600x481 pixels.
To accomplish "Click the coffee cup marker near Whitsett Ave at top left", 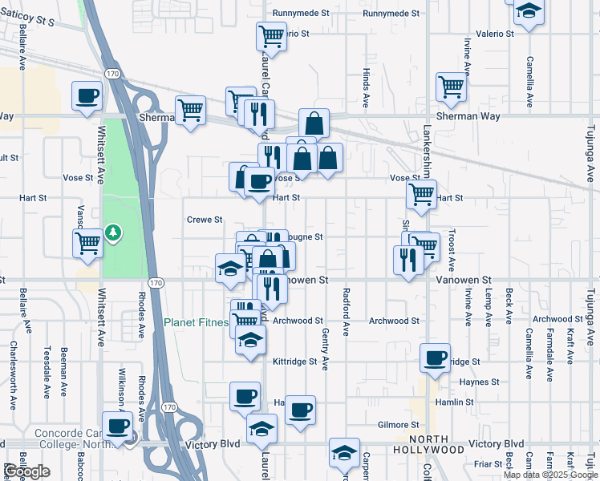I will pos(87,96).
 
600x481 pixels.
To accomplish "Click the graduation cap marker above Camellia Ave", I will pos(528,12).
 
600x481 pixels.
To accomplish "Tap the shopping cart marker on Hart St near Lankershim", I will pos(421,193).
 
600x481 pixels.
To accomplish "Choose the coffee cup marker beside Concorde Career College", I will pos(118,425).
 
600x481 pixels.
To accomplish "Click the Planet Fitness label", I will pos(196,322).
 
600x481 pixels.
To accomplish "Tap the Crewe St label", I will pos(205,219).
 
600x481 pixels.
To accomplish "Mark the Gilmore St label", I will pos(399,424).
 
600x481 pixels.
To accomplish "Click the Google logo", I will pos(26,471).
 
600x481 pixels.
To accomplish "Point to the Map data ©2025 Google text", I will pos(550,475).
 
